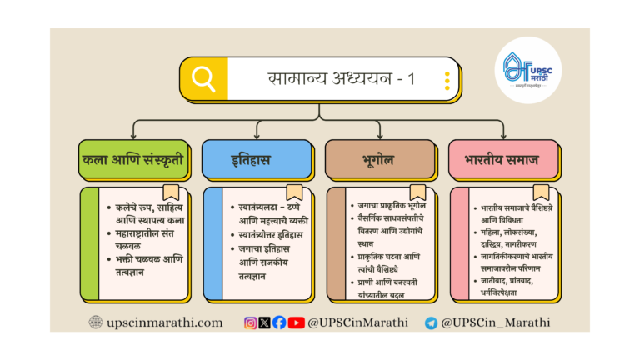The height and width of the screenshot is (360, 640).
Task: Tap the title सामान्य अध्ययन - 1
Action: (x=341, y=79)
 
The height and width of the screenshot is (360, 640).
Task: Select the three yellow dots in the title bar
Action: (x=447, y=80)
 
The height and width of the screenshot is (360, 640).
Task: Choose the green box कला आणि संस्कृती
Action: (x=132, y=158)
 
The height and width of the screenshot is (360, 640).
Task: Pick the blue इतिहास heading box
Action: (x=257, y=158)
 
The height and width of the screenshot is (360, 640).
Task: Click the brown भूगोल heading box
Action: (x=380, y=158)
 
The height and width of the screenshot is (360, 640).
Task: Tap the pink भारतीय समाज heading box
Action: (x=502, y=158)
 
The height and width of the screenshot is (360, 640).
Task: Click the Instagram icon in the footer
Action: (x=251, y=322)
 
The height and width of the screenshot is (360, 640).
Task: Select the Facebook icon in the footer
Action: (x=279, y=322)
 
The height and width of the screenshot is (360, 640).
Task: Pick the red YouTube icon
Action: (x=296, y=322)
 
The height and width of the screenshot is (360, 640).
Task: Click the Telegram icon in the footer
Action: (x=431, y=323)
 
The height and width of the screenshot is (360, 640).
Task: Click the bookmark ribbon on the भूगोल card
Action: (x=417, y=192)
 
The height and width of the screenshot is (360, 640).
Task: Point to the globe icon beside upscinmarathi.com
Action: (x=96, y=322)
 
